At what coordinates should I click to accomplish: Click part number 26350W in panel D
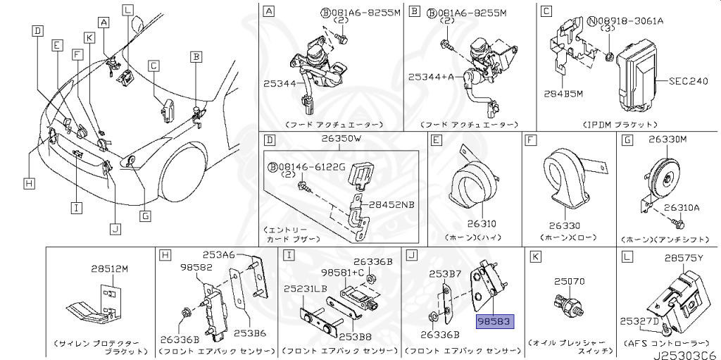point(341,139)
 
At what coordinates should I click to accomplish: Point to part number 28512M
point(110,268)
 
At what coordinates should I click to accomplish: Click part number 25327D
point(639,321)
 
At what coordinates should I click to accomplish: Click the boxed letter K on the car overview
point(89,37)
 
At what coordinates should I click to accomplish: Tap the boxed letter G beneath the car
point(146,216)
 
